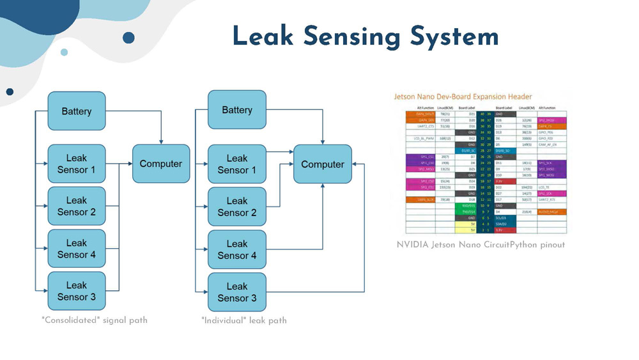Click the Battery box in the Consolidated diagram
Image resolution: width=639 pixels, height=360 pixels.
76,111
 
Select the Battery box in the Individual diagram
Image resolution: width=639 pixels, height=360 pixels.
236,111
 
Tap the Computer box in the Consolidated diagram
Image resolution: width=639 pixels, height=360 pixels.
160,164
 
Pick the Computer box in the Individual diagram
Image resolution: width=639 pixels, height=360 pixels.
322,164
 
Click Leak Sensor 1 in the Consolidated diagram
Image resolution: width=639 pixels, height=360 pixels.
76,164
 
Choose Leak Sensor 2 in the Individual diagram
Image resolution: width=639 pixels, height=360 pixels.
236,207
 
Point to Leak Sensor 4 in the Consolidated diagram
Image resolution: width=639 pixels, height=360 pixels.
76,249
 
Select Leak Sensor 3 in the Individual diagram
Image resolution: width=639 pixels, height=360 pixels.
236,292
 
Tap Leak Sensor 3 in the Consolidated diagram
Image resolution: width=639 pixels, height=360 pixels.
76,291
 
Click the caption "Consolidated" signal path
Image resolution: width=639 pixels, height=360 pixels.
94,320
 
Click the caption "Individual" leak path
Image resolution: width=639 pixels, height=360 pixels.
243,320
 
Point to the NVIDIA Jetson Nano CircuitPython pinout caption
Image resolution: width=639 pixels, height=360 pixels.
481,245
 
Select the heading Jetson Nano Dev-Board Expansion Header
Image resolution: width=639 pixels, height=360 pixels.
467,97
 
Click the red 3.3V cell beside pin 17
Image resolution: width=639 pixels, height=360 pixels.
504,182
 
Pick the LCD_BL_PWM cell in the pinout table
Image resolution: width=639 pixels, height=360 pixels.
419,138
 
